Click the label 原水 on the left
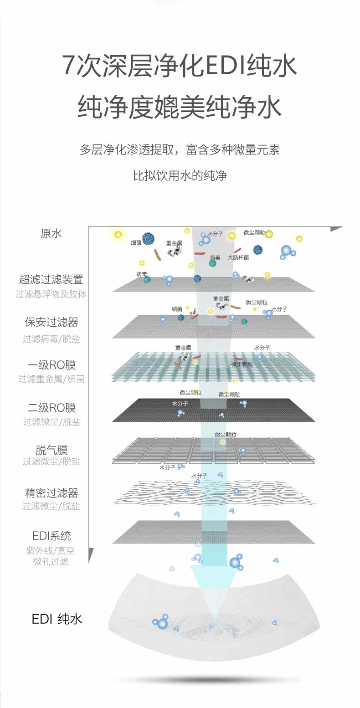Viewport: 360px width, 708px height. [x=51, y=233]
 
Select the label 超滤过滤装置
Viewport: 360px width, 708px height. [x=51, y=279]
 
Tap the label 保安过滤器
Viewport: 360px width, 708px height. [x=51, y=323]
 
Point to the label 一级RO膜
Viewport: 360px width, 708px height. [x=51, y=365]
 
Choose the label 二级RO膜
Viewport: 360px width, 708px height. [x=51, y=408]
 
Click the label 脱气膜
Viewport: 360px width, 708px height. [x=51, y=450]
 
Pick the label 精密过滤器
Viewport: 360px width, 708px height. [x=51, y=493]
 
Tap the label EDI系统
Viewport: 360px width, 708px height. [x=51, y=536]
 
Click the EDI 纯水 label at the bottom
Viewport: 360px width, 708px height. [x=57, y=619]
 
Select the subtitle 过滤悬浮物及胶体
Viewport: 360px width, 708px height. [x=51, y=294]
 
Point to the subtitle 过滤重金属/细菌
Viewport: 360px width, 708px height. [x=51, y=379]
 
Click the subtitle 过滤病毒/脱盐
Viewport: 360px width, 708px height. [x=51, y=339]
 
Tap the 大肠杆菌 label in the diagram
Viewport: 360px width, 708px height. [x=238, y=257]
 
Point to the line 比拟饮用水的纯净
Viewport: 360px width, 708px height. [x=180, y=175]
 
